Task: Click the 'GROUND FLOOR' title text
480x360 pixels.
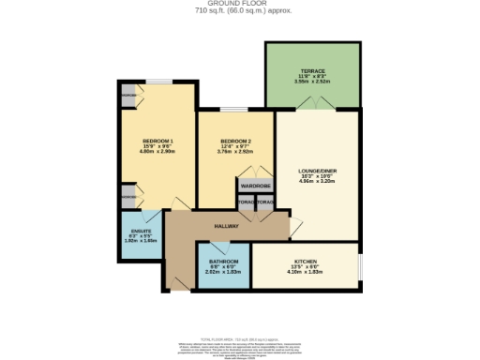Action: pos(240,4)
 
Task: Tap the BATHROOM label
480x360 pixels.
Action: pos(223,262)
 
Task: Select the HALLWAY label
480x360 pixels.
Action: pos(227,226)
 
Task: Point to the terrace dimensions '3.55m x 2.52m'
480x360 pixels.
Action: pos(312,82)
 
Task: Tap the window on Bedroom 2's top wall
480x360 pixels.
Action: pos(231,111)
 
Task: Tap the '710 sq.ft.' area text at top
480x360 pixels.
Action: pos(240,11)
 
